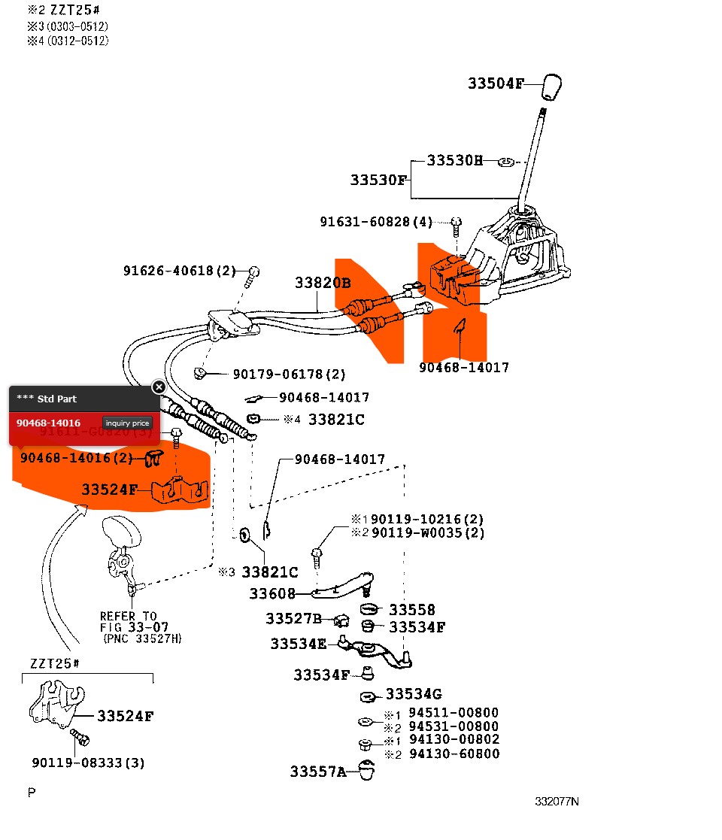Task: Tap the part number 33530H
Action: pos(454,160)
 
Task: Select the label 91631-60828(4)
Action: pos(376,222)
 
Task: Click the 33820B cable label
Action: pos(323,283)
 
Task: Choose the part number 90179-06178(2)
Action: pos(290,374)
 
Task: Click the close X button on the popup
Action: pos(159,387)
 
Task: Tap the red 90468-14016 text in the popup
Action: pos(49,423)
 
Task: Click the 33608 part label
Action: pos(273,594)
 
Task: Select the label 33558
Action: pos(412,610)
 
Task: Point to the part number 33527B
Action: pos(293,618)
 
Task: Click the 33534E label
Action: pos(299,644)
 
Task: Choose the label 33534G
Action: pos(414,693)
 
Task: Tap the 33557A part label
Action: pos(318,771)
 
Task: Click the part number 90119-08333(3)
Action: pos(89,763)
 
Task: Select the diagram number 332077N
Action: pos(557,801)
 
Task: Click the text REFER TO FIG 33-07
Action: pos(135,621)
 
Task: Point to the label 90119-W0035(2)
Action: pos(427,532)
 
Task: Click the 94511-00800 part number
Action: pos(454,712)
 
